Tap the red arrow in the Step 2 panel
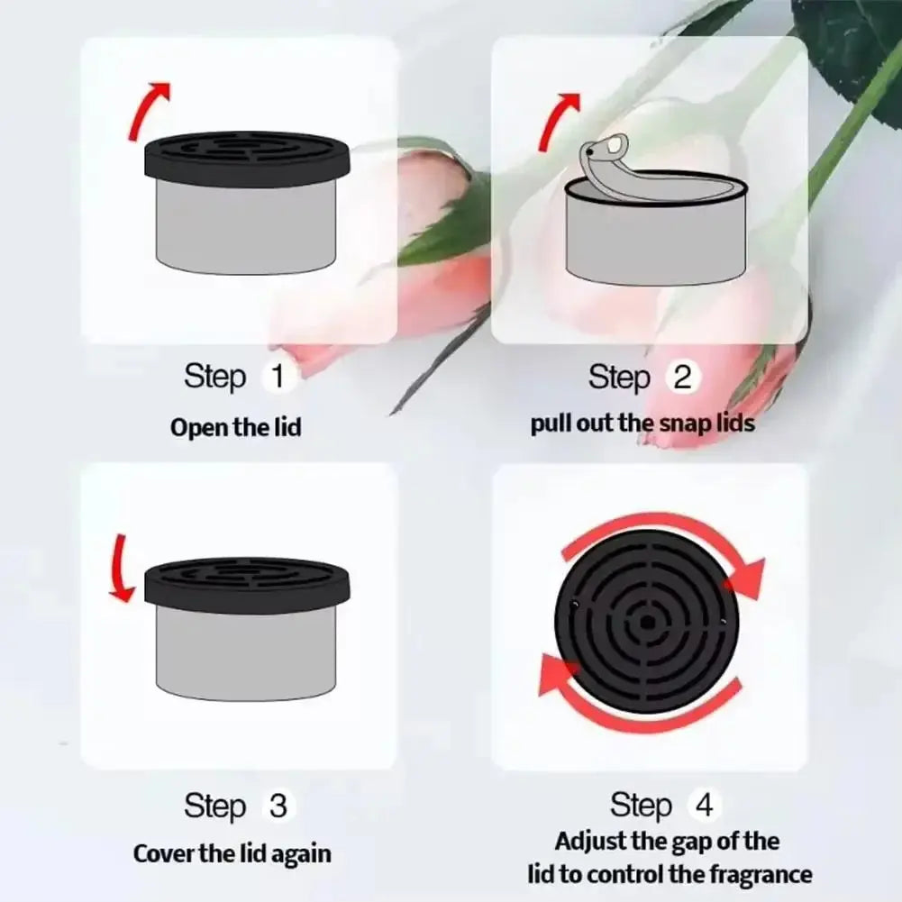click(x=557, y=117)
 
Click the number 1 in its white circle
click(x=278, y=376)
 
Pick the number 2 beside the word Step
click(x=682, y=377)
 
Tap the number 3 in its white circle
click(x=278, y=806)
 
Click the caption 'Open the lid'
click(x=235, y=426)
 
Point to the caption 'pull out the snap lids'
click(x=642, y=423)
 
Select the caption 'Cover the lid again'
click(x=232, y=852)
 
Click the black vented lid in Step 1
click(x=246, y=159)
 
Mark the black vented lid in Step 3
click(x=246, y=582)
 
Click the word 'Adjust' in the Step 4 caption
click(x=588, y=842)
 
